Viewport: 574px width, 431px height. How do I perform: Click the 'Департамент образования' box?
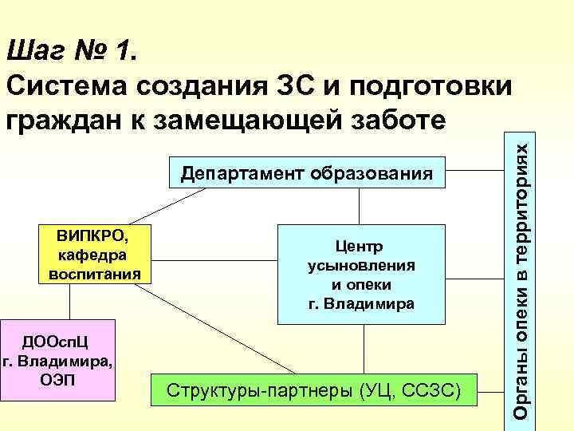pos(307,172)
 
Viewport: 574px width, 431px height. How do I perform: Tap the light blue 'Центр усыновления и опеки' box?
pos(358,274)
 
